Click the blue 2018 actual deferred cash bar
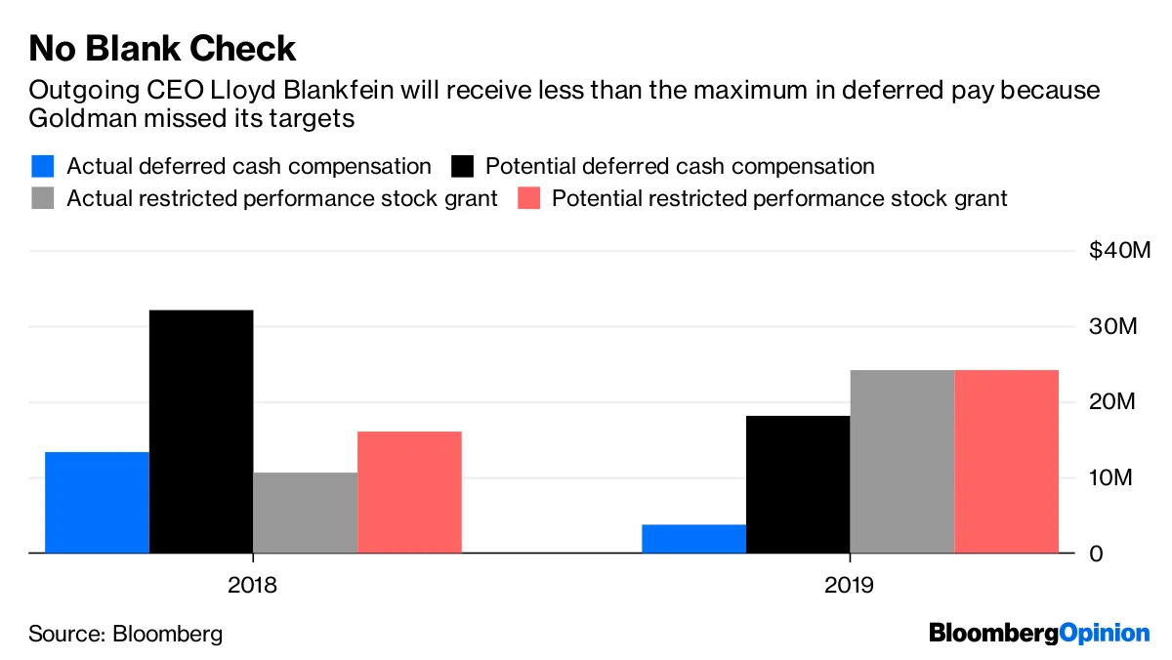tap(97, 502)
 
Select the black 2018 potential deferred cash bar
tap(201, 431)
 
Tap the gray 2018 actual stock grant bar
tap(305, 513)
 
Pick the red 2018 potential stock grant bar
tap(409, 492)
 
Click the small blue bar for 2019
tap(693, 538)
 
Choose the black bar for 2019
tap(798, 484)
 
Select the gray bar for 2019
tap(901, 462)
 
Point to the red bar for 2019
tap(1006, 462)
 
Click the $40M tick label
tap(1120, 251)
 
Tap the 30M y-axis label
tap(1114, 326)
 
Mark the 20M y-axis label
tap(1114, 402)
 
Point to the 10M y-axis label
tap(1114, 477)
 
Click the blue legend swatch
tap(42, 166)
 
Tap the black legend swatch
tap(461, 166)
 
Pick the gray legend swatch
tap(42, 198)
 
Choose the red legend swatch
tap(527, 198)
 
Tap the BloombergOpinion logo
tap(1039, 633)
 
